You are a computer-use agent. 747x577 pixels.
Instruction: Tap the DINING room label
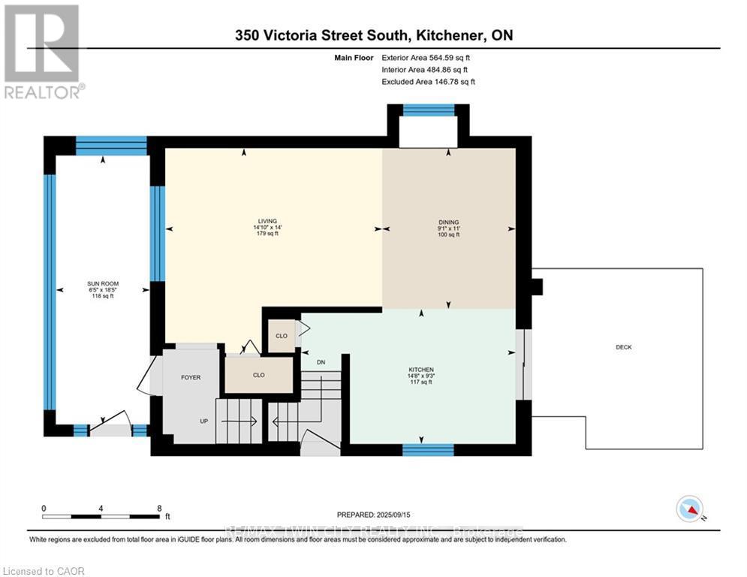(x=448, y=222)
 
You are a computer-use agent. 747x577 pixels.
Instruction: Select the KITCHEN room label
(x=420, y=370)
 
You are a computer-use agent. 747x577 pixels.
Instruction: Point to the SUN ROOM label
(x=103, y=284)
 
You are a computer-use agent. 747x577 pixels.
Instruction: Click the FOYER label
(x=191, y=377)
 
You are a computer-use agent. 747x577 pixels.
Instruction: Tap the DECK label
(x=623, y=347)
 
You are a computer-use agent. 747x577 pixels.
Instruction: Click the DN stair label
(x=321, y=362)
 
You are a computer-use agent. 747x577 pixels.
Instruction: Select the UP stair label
(x=203, y=421)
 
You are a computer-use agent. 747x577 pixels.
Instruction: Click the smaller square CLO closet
(x=282, y=336)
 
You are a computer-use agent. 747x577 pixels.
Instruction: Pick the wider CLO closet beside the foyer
(x=259, y=374)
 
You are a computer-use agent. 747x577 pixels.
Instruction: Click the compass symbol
(x=688, y=509)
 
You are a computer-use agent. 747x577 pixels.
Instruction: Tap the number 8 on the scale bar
(x=159, y=508)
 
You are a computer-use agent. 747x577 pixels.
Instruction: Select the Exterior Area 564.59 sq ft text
(x=426, y=57)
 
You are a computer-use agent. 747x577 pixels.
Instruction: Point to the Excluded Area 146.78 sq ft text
(x=428, y=81)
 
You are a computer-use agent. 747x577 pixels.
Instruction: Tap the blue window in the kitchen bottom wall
(x=428, y=449)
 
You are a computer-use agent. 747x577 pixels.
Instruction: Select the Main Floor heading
(x=355, y=57)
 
